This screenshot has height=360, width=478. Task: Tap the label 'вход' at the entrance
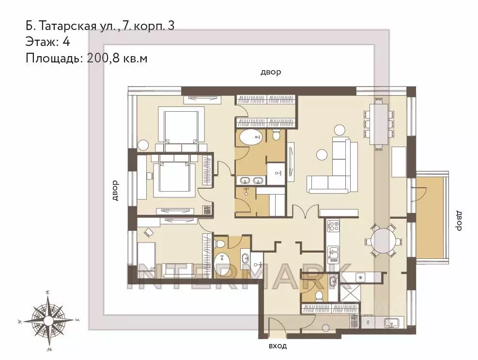pos(278,346)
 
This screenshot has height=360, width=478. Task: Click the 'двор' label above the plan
pos(271,73)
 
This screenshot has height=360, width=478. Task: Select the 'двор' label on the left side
pos(115,190)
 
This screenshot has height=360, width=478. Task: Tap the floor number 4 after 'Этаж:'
pos(66,42)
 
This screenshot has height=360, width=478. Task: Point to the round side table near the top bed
pos(143,145)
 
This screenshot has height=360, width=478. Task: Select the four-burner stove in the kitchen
pos(333,225)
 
